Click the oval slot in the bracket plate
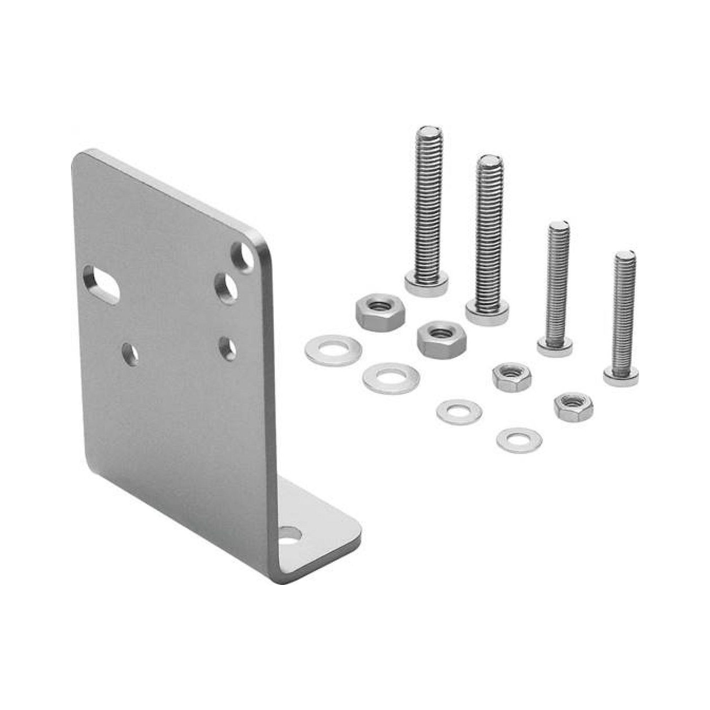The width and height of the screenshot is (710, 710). coord(101,285)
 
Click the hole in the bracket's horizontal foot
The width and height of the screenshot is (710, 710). coord(291,544)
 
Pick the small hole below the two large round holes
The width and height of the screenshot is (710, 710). coord(228,349)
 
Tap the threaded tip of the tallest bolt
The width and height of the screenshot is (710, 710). coord(429,131)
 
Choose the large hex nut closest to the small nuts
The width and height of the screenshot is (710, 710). coord(441,339)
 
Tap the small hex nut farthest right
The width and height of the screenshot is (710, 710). coord(573,406)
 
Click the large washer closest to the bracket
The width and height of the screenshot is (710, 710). coord(333,350)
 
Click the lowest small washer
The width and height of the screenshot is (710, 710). coord(519,440)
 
